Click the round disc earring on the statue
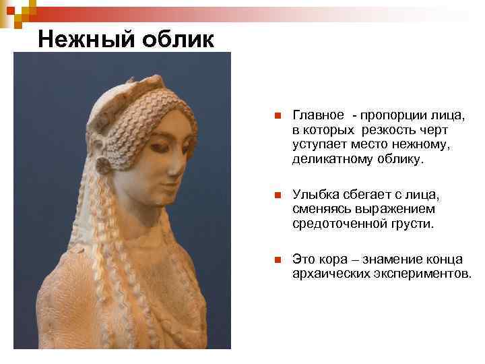[104, 166]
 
